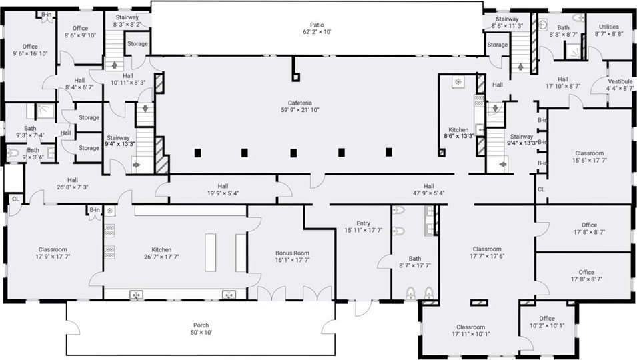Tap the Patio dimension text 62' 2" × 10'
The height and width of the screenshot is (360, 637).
point(317,31)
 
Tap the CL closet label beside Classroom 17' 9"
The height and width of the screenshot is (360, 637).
point(15,199)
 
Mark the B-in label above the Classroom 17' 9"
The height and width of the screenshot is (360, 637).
point(95,210)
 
